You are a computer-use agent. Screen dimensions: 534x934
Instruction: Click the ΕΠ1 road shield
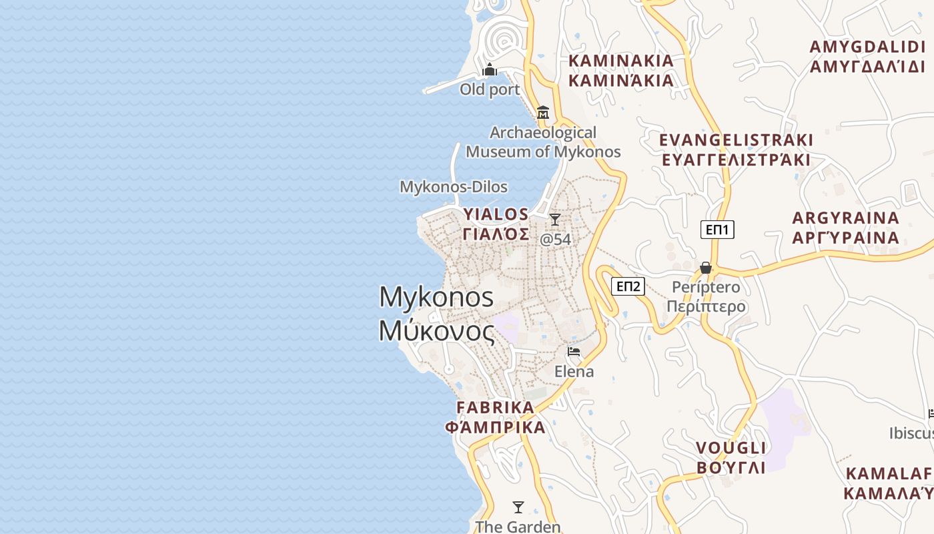coord(717,230)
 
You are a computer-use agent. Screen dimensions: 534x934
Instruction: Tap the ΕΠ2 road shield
coord(628,286)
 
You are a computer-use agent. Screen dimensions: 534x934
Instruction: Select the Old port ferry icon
coord(490,69)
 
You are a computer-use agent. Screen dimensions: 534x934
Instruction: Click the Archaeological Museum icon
coord(542,112)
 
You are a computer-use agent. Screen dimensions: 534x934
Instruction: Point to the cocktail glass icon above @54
coord(554,219)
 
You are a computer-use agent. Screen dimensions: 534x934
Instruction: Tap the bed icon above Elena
coord(573,352)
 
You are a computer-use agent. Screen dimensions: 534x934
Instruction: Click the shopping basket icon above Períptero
coord(705,268)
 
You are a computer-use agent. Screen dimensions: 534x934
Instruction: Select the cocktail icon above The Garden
coord(518,507)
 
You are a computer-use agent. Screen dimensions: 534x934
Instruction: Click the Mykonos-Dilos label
coord(453,187)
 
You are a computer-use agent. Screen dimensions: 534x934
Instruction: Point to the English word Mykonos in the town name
coord(436,297)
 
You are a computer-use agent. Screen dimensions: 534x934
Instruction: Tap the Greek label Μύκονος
coord(437,330)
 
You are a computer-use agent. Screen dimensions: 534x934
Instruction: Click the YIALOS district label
coord(496,214)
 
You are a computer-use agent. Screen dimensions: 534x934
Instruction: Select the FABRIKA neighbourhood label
coord(495,407)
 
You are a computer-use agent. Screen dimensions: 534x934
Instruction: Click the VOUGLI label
coord(731,447)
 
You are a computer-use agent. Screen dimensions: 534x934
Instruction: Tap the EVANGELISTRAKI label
coord(736,140)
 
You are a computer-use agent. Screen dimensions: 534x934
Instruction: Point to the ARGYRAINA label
coord(845,218)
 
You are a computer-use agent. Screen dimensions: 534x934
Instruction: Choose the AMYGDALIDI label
coord(867,47)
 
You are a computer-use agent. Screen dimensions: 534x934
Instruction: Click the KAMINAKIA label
coord(620,61)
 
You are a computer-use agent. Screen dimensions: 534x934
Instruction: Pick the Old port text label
coord(490,89)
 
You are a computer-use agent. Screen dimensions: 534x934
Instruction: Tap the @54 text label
coord(555,239)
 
